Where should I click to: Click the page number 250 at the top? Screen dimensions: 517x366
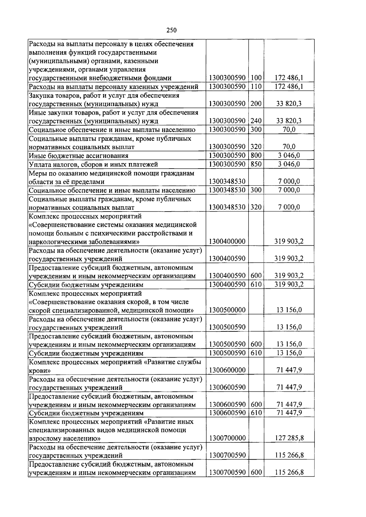pos(172,30)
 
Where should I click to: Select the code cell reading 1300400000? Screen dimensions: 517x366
pos(227,241)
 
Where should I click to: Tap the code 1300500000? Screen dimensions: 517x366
pos(227,310)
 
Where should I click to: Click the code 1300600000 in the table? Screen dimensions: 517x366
pos(227,370)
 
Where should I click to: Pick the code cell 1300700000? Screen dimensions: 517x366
pos(227,438)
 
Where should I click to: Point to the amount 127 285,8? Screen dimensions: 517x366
pos(289,438)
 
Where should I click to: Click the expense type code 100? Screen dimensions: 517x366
pos(256,78)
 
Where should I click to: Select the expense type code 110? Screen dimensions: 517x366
pos(256,87)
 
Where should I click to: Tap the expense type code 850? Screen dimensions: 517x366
pos(256,164)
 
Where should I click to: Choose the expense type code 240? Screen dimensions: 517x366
pos(256,121)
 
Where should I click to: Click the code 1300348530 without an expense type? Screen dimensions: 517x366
pos(227,182)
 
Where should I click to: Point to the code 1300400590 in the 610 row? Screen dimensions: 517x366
pos(227,285)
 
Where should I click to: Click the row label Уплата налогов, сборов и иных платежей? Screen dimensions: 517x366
pos(93,165)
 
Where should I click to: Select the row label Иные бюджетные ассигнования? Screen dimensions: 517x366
pos(79,156)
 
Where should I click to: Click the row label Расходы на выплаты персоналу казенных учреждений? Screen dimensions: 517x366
pos(113,87)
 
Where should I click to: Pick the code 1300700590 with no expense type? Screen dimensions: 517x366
pos(227,455)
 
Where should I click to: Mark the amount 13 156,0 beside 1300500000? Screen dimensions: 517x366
pos(289,310)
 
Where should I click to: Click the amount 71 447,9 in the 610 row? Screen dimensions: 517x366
pos(289,413)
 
